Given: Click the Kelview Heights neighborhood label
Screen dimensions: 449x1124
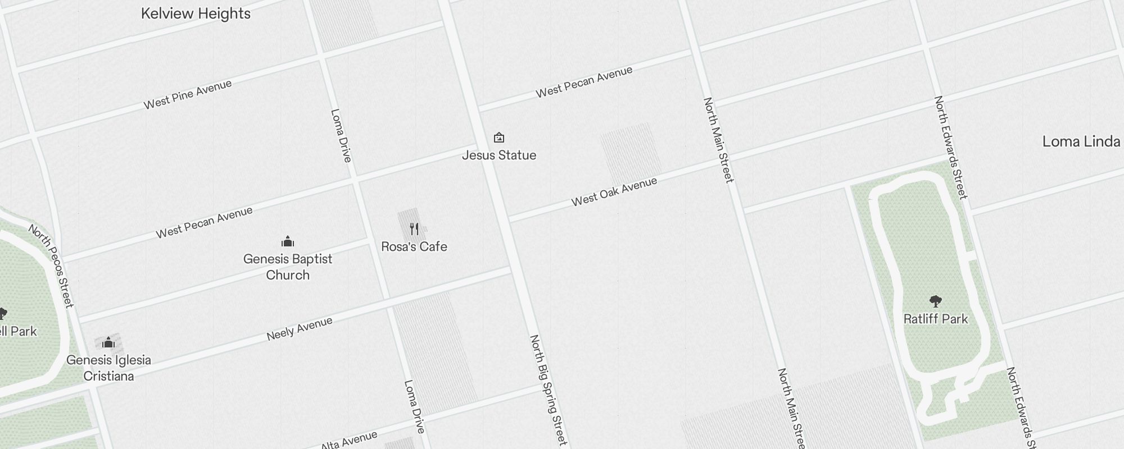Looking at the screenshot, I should pos(196,13).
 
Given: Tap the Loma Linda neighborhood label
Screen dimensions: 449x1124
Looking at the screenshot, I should pos(1081,141).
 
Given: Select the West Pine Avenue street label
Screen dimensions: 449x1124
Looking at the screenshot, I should pos(188,94).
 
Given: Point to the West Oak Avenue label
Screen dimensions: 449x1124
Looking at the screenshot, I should pos(614,192).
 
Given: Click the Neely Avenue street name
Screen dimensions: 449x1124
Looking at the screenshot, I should pos(300,329).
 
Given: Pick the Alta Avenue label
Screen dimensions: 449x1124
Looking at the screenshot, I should pos(349,441).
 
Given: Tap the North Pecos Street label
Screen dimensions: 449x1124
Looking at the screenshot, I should pos(51,266).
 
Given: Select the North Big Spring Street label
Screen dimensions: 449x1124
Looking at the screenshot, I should pos(549,390).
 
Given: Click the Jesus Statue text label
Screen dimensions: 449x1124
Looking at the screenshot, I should pos(499,155).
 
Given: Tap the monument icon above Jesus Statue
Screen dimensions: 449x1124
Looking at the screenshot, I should pos(498,138).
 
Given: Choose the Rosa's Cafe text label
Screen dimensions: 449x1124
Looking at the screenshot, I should pos(414,247).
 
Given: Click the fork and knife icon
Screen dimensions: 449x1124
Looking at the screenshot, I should pos(414,229).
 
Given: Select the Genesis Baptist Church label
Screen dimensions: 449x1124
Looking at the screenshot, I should pos(288,267).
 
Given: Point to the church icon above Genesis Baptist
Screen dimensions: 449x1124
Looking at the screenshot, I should pos(288,242).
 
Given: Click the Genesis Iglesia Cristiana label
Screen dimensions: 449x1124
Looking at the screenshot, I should pos(108,368).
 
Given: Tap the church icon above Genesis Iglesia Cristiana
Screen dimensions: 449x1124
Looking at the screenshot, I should pos(108,342).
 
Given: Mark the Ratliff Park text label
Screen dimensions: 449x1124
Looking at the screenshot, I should pos(936,319).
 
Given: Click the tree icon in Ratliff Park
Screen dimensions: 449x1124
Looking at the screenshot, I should pos(936,301).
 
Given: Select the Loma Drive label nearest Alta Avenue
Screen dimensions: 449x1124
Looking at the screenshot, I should pos(414,407).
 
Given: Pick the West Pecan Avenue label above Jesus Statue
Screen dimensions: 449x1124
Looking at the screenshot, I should pos(584,83).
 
